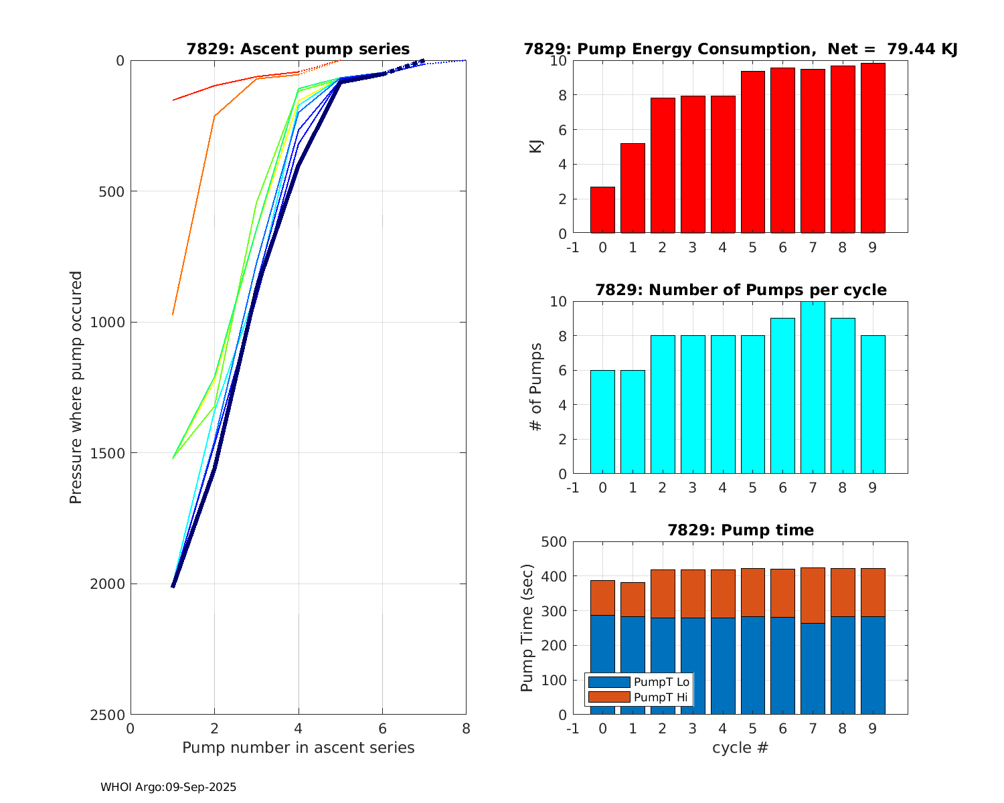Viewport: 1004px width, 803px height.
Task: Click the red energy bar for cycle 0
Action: tap(602, 210)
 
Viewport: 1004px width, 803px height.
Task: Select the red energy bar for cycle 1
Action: tap(633, 189)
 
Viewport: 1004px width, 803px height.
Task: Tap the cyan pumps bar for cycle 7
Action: tap(813, 388)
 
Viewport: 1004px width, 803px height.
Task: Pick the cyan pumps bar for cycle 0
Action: tap(602, 422)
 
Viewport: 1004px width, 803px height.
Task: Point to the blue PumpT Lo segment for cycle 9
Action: tap(873, 666)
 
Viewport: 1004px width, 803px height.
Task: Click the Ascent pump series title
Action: tap(298, 50)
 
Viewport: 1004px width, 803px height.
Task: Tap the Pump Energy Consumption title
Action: tap(740, 50)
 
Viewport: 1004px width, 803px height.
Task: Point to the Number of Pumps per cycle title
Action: tap(740, 290)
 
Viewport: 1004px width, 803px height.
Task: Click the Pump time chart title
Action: tap(740, 531)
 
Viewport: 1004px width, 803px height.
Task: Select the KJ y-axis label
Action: tap(536, 147)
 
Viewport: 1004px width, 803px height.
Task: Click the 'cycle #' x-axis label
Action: tap(740, 747)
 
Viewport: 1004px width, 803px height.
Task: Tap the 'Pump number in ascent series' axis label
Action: tap(298, 747)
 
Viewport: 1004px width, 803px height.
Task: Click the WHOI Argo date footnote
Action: tap(169, 788)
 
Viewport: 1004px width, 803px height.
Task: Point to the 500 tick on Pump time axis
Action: tap(554, 542)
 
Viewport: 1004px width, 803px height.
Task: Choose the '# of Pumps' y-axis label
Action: tap(536, 387)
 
